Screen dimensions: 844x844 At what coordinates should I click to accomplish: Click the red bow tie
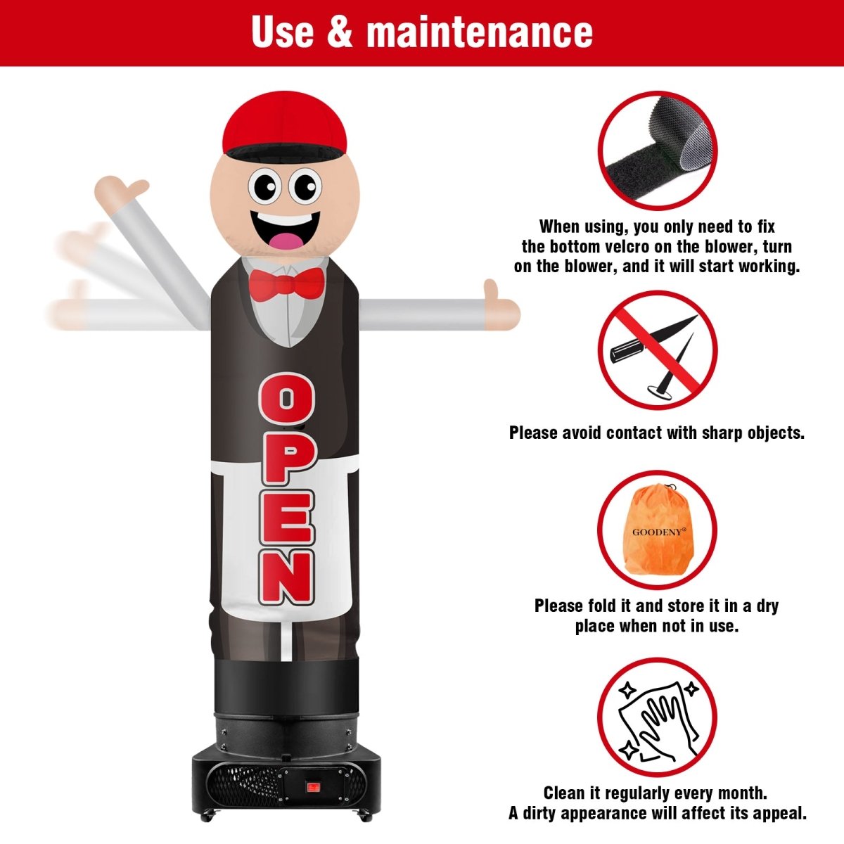pos(287,284)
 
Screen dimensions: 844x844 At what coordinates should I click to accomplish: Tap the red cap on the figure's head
pos(284,124)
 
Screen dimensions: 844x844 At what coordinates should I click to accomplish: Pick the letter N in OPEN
pos(287,577)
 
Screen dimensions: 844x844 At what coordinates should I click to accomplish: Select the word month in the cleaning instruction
pos(740,793)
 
